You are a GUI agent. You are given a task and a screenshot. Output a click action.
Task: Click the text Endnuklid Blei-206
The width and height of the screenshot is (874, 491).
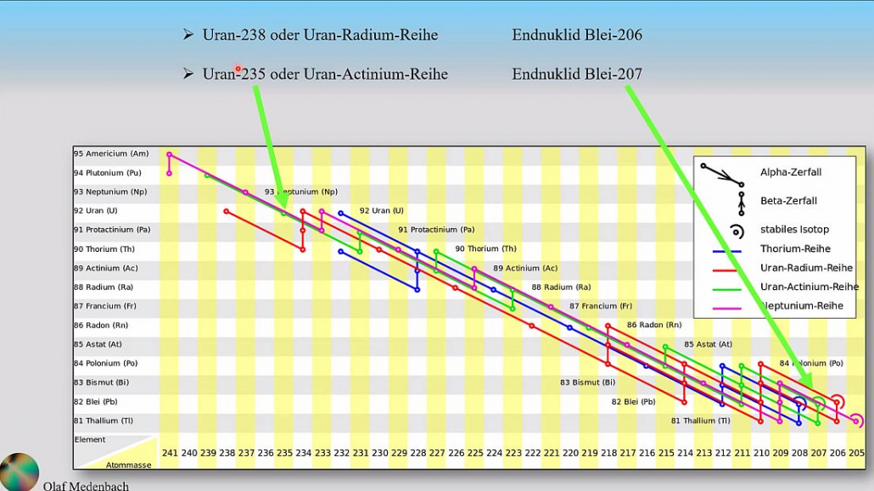click(577, 35)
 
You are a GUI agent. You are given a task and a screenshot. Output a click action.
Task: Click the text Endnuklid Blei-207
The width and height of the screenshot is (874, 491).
click(577, 74)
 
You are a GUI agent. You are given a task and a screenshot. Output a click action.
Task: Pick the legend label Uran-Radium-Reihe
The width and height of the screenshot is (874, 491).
click(806, 268)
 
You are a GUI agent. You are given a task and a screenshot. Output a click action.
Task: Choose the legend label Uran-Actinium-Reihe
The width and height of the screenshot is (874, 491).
click(810, 287)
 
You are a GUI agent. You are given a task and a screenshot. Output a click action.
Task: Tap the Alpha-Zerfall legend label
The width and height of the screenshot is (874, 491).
click(791, 172)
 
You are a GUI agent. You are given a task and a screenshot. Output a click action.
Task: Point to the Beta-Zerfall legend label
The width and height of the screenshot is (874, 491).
click(788, 201)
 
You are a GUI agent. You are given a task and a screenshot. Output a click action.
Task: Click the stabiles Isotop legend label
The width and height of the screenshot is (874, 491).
click(794, 229)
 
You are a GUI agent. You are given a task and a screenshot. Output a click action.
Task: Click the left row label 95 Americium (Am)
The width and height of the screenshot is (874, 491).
click(111, 153)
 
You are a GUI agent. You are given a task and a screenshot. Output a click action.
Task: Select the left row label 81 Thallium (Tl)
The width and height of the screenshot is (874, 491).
click(104, 421)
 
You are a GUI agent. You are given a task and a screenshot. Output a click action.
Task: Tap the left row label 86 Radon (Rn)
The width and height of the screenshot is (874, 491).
click(101, 325)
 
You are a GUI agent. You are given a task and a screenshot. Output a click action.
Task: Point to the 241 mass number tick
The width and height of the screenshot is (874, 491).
click(170, 453)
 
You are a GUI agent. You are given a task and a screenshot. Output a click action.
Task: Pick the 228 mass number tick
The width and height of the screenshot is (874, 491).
click(417, 453)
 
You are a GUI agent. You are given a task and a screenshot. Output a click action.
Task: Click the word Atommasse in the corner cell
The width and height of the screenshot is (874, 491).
click(128, 464)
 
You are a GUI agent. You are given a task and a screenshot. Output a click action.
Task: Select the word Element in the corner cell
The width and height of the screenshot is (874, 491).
click(90, 439)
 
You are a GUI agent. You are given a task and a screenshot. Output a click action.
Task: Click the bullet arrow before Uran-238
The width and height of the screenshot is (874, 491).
click(188, 35)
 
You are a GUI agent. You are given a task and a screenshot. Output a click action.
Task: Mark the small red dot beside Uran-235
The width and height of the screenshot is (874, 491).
click(238, 69)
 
